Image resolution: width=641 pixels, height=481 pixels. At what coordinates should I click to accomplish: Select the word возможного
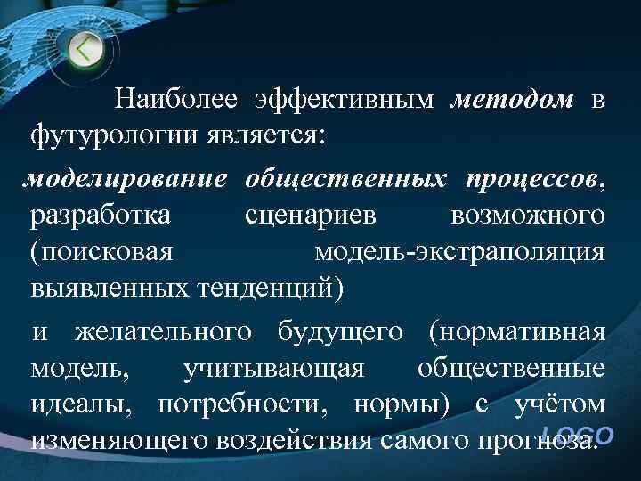[x=529, y=216]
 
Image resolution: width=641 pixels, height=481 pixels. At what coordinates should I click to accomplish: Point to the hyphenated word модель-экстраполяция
[x=460, y=252]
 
